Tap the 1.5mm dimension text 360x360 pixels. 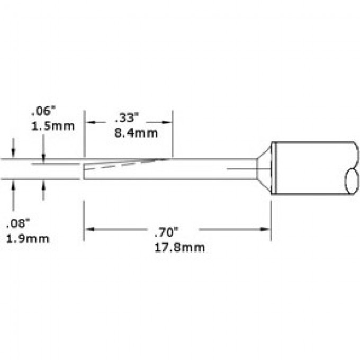pyautogui.click(x=52, y=127)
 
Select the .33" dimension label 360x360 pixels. pyautogui.click(x=126, y=119)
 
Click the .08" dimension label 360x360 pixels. pyautogui.click(x=19, y=223)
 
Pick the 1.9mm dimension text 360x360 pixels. pyautogui.click(x=27, y=238)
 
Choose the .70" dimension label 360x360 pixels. pyautogui.click(x=165, y=231)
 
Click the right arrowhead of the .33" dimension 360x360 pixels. pyautogui.click(x=168, y=123)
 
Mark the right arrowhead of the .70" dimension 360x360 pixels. pyautogui.click(x=266, y=229)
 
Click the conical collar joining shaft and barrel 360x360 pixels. pyautogui.click(x=264, y=169)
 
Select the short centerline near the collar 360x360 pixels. pyautogui.click(x=241, y=169)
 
